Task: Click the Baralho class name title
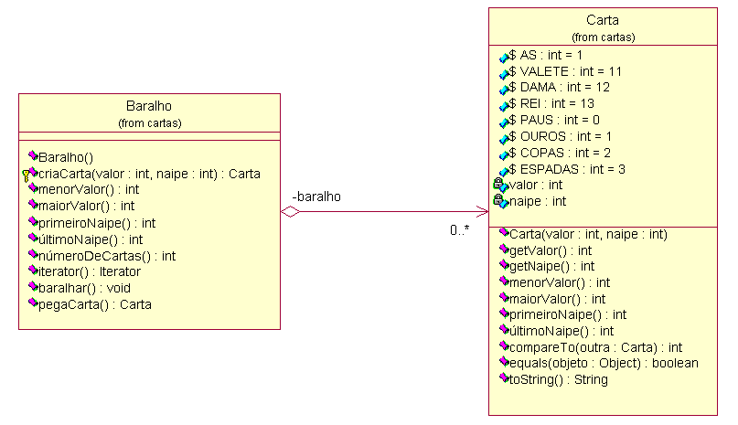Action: (149, 106)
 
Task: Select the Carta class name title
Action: (603, 20)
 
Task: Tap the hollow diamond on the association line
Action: (291, 212)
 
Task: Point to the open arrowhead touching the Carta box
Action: (483, 212)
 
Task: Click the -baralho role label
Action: (316, 197)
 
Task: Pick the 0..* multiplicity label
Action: (459, 230)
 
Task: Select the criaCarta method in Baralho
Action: (149, 174)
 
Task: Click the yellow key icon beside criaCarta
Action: (26, 176)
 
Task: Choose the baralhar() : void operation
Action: (84, 288)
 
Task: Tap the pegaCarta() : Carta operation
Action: (94, 304)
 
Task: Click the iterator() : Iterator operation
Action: (89, 271)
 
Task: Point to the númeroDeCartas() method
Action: (107, 256)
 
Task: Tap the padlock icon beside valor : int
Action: (498, 183)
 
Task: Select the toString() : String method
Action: (559, 379)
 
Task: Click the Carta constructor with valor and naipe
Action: (588, 234)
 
